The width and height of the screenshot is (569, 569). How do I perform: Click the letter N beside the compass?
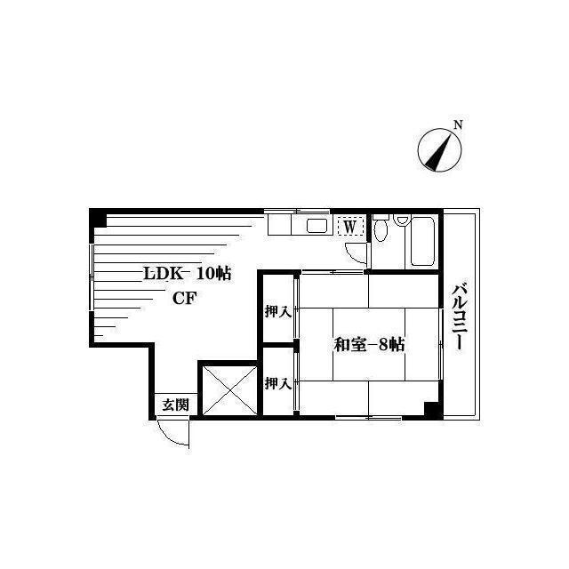tap(459, 125)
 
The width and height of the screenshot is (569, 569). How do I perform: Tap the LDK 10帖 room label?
tap(188, 273)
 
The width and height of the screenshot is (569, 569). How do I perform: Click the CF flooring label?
tap(184, 299)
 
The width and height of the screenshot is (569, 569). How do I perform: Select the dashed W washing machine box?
tap(350, 227)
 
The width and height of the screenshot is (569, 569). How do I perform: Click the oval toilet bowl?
tap(381, 230)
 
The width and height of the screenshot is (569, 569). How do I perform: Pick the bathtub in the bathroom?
tap(423, 241)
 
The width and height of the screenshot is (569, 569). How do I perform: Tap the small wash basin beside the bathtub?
tap(401, 220)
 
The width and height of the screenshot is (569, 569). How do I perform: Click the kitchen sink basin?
tap(317, 226)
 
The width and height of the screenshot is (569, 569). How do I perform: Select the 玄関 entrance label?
tap(175, 405)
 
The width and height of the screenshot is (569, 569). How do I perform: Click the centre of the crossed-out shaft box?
tap(229, 390)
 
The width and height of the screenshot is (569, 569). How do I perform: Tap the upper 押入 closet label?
tap(278, 312)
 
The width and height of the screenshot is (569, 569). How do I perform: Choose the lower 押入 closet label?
tap(278, 383)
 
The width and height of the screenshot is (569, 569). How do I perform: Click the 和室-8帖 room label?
tap(369, 345)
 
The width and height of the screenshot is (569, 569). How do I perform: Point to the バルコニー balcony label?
tap(459, 317)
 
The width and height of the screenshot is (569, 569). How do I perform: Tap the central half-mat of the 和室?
tap(369, 344)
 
